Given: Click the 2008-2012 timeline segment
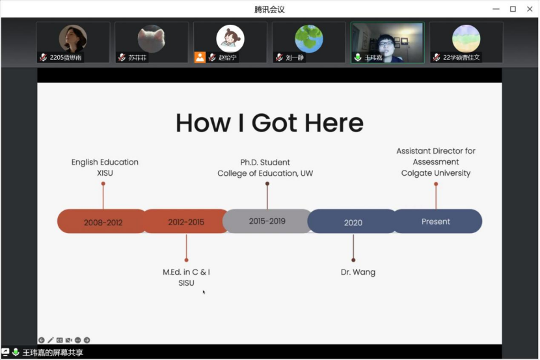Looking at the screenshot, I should tap(102, 222).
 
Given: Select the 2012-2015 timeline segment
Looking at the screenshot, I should tap(185, 222).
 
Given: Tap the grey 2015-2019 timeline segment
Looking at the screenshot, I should tap(267, 221).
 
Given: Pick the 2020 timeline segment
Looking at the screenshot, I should tap(353, 222).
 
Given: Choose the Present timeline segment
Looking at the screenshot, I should tap(436, 221).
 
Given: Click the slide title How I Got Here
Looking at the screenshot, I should tap(269, 123).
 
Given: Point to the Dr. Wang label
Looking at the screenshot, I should tap(358, 272).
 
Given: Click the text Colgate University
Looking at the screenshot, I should tap(436, 173).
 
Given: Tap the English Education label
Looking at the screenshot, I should tap(105, 162).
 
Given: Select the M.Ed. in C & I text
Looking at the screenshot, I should tap(186, 271).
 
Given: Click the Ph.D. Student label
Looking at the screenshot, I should tap(265, 162).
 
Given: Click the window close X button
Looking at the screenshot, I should tap(528, 9).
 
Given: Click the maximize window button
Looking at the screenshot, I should tap(513, 9).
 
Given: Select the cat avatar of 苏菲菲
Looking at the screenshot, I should tap(151, 39).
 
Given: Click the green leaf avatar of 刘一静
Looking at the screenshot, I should tap(308, 39).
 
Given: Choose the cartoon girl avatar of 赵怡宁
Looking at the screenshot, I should tap(230, 39).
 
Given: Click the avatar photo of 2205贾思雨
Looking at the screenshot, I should tap(73, 39).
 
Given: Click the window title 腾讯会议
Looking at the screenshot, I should tap(269, 9).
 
